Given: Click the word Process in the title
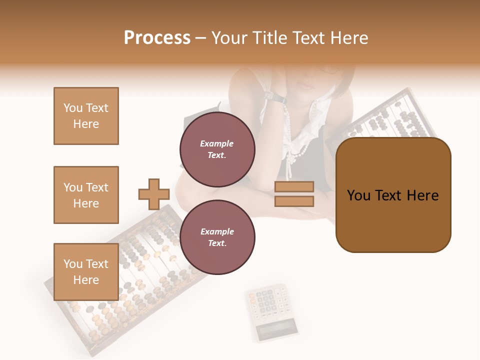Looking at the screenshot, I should point(157,38).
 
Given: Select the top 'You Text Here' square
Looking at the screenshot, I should point(86,116).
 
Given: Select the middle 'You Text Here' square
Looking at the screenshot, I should point(86,195).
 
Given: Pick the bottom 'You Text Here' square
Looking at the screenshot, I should point(86,272).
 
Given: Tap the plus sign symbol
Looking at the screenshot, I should point(154,194).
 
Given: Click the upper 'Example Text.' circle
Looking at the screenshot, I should point(217,149).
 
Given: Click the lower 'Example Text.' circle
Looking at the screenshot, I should point(217,237).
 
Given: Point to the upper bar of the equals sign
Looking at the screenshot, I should point(294,187).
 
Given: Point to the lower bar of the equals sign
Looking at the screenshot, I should point(294,201).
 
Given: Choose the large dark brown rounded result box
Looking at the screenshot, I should point(393,195).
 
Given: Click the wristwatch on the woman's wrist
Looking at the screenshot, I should point(276,97).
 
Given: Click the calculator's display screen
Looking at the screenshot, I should point(276,329).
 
